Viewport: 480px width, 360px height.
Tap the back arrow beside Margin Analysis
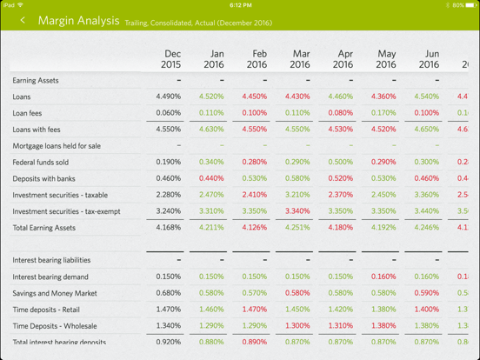(23, 20)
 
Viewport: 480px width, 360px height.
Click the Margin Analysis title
(78, 20)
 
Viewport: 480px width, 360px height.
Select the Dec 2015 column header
(171, 59)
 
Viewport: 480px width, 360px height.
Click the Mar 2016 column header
(299, 59)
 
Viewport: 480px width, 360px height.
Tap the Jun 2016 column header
(429, 59)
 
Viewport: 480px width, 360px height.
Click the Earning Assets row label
(36, 81)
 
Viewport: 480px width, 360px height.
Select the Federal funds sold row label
(41, 163)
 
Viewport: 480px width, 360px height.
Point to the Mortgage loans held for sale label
(57, 146)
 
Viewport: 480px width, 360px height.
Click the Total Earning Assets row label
(44, 228)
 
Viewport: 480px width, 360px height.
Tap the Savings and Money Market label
(55, 293)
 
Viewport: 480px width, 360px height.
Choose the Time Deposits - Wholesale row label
(55, 326)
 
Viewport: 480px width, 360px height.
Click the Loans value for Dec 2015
(169, 97)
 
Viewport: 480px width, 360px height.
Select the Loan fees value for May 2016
(383, 113)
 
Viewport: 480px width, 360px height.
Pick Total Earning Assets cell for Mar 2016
(297, 228)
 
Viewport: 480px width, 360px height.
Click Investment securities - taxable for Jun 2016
(427, 195)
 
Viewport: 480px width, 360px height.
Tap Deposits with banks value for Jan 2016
(211, 179)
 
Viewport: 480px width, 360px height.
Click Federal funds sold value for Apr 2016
(341, 163)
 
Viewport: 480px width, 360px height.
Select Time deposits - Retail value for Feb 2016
(255, 310)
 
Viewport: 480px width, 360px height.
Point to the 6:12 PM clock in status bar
(240, 4)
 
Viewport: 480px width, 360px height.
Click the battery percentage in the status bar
(457, 4)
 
